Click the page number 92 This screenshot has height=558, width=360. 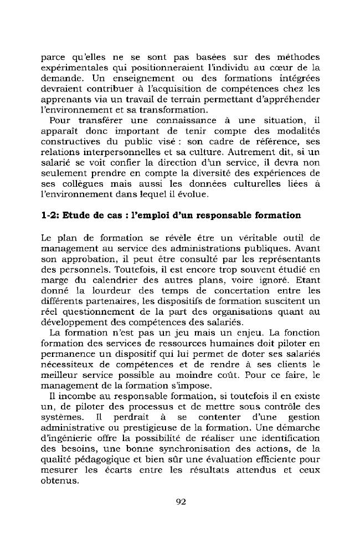pyautogui.click(x=180, y=503)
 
